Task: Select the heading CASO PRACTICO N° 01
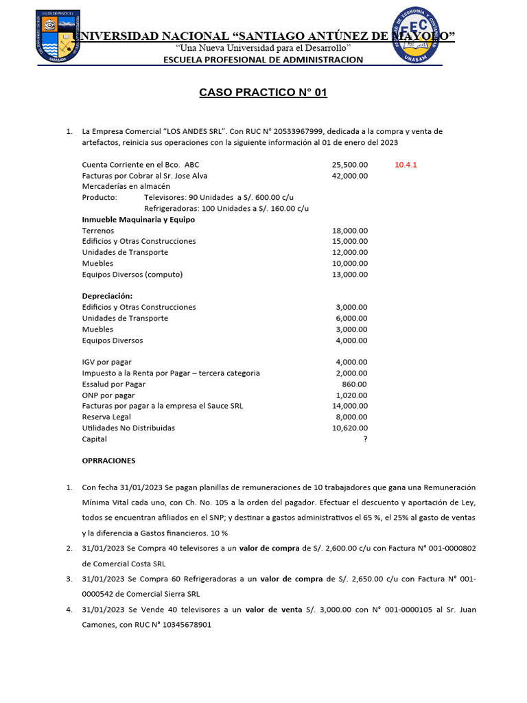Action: [263, 92]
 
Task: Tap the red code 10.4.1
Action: [406, 165]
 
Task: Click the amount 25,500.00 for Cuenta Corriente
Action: [350, 165]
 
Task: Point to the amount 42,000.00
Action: [350, 176]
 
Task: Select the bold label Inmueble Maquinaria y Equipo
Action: [139, 220]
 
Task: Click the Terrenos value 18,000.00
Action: [350, 231]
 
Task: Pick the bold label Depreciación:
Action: [107, 296]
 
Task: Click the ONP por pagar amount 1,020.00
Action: [351, 395]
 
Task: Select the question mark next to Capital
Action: [365, 439]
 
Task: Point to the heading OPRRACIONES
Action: [108, 461]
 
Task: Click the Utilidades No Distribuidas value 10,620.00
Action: [350, 428]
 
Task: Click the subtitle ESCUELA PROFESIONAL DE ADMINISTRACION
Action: [263, 60]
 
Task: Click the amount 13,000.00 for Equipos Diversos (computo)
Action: [350, 275]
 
